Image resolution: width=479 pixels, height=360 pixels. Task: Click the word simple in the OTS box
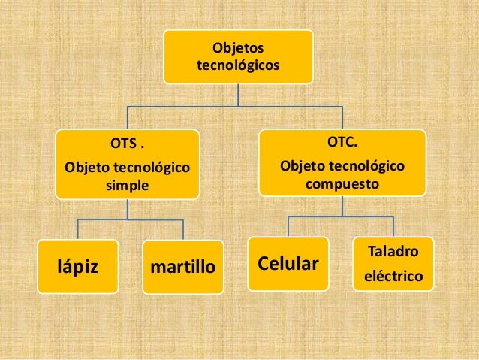127,184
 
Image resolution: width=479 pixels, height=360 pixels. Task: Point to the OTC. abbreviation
342,141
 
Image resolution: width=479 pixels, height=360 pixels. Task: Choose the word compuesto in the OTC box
342,183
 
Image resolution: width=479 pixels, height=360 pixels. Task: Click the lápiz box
77,265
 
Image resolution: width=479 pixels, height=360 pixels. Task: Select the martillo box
182,266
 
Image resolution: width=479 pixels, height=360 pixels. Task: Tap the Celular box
288,264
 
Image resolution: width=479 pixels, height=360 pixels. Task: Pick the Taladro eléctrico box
392,263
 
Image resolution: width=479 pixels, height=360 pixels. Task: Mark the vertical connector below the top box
239,95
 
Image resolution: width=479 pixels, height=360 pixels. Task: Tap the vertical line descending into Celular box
289,226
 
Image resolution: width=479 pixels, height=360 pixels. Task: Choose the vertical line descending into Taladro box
393,226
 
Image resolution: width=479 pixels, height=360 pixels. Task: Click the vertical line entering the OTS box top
127,117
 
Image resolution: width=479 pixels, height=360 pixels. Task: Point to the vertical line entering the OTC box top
342,117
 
